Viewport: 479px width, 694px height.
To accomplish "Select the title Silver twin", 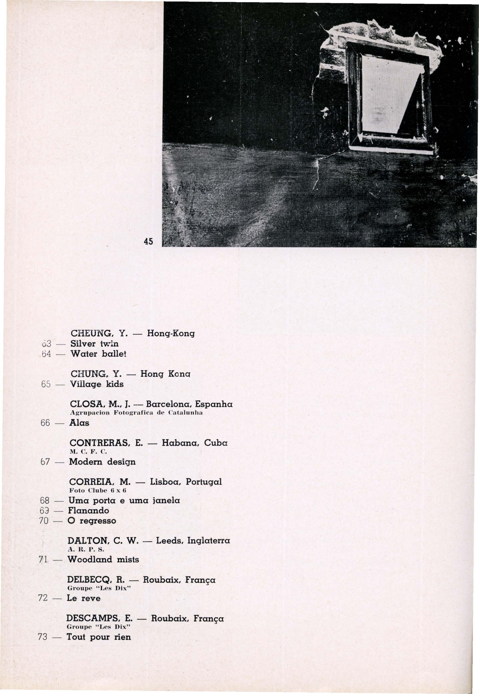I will click(x=94, y=343).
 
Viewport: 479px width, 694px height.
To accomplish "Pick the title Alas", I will click(x=79, y=423).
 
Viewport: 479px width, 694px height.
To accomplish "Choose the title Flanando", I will click(x=88, y=510).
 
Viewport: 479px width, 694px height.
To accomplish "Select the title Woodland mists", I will click(x=103, y=560).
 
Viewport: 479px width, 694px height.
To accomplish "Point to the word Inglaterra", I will click(x=208, y=541).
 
